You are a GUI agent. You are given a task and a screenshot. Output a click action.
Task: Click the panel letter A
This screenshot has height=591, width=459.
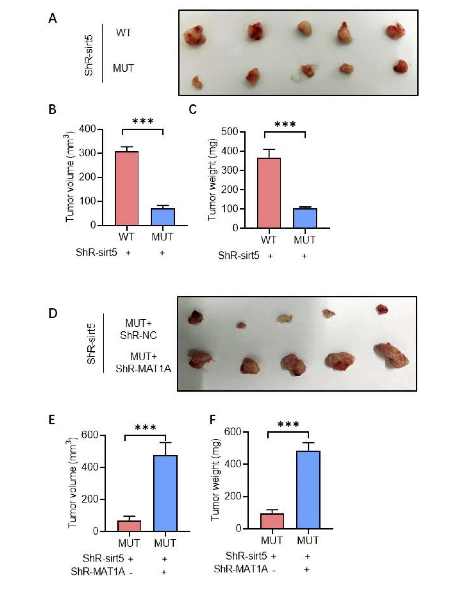pyautogui.click(x=53, y=19)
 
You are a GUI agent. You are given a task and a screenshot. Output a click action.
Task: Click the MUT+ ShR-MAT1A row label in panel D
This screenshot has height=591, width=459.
pyautogui.click(x=143, y=363)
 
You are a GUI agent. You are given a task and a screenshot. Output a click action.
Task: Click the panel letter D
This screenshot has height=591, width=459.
pyautogui.click(x=53, y=313)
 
